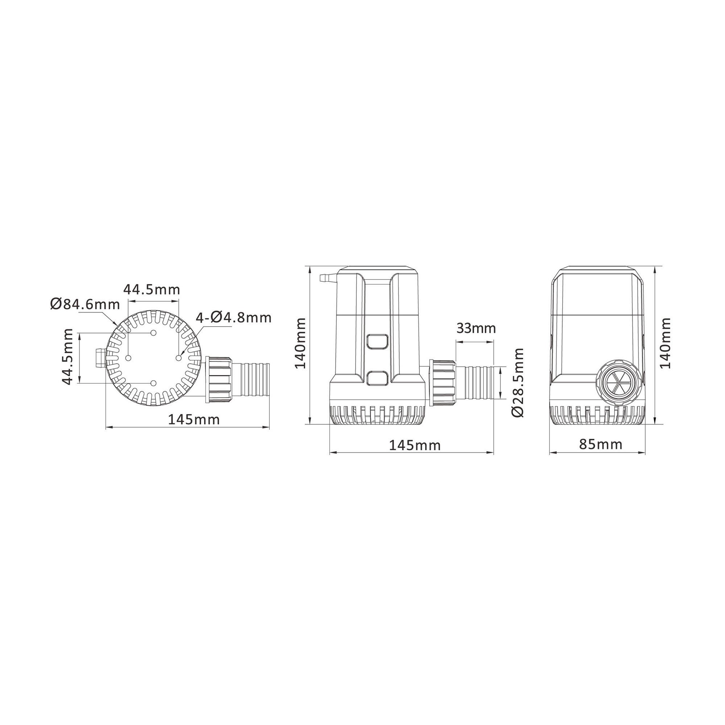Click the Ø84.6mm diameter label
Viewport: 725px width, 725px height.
85,304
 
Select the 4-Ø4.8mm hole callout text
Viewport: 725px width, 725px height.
233,318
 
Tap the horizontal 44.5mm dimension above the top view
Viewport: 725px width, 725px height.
152,290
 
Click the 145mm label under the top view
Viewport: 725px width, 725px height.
194,419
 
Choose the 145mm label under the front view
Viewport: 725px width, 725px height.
415,446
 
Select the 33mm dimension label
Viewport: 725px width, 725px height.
476,328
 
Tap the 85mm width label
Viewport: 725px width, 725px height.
601,444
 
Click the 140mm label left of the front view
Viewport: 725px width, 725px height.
300,343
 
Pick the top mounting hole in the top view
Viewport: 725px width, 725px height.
153,333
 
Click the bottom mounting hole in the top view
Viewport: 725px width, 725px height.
153,383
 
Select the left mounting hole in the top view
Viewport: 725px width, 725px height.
128,358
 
